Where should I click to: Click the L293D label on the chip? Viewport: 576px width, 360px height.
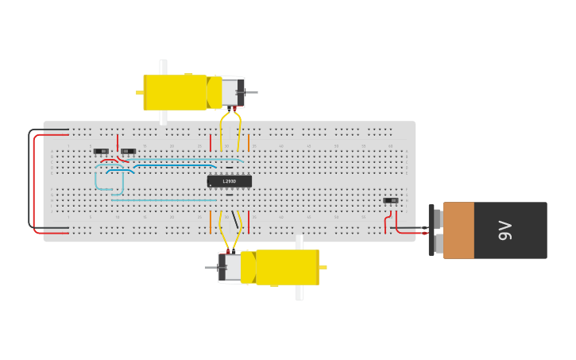229,181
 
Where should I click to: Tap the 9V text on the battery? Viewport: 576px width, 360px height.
505,230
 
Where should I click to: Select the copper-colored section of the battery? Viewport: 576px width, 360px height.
458,230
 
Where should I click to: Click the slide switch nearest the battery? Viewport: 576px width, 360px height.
391,200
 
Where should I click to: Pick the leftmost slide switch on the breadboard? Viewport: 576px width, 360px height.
101,151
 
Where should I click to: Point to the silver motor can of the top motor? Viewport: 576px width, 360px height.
230,91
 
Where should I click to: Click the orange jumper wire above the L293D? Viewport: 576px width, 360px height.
249,142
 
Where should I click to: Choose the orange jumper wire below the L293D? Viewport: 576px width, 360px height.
249,222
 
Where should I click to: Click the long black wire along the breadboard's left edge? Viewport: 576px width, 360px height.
29,179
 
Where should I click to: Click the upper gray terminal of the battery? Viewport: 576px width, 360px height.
436,219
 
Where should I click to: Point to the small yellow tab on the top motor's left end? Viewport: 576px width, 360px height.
139,92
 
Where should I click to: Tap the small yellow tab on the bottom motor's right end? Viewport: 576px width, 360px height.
323,267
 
